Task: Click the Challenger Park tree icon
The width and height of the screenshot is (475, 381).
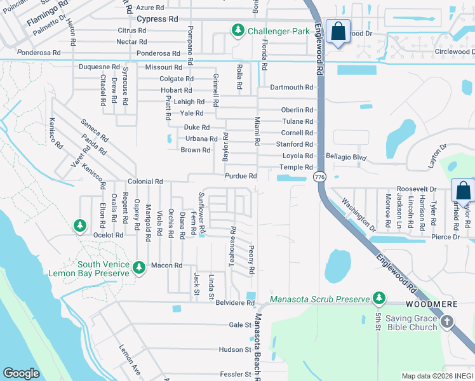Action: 238,30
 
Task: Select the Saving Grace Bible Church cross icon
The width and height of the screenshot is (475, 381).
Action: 446,322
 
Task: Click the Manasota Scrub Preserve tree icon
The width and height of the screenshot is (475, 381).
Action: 379,298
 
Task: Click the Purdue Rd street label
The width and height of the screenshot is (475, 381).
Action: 240,176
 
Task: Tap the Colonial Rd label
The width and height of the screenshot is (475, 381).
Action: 145,182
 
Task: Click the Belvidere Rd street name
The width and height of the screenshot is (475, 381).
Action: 234,304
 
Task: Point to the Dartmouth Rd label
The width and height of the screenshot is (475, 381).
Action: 291,87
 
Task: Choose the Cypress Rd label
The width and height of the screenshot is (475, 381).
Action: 157,19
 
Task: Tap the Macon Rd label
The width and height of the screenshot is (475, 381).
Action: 167,265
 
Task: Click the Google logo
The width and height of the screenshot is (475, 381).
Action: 22,373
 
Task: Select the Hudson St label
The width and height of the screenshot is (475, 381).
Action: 235,349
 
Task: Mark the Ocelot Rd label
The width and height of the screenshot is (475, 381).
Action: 108,235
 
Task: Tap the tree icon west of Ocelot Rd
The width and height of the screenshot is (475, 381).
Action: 79,225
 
